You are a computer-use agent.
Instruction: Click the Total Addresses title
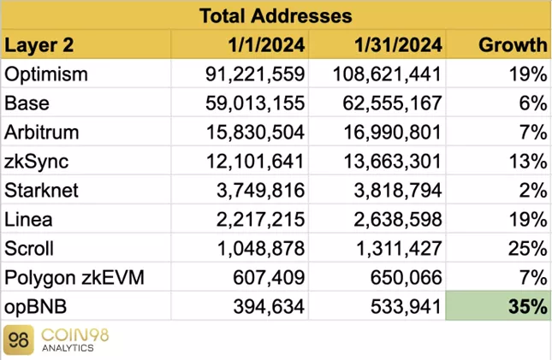point(276,15)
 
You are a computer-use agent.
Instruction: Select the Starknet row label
point(41,190)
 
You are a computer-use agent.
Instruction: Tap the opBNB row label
point(35,306)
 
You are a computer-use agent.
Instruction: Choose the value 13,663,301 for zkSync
point(387,161)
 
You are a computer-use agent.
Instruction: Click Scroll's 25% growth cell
point(528,248)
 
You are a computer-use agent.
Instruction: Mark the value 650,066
point(402,277)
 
